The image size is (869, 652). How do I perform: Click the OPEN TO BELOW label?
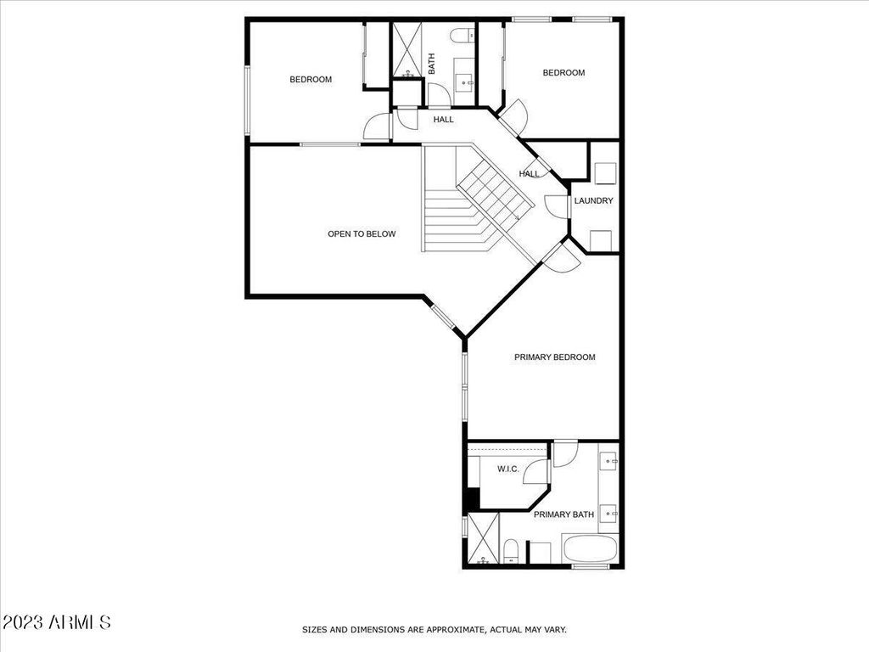(x=362, y=234)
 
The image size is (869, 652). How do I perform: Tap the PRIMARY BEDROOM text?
(x=555, y=357)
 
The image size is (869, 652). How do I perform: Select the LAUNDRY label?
(x=593, y=200)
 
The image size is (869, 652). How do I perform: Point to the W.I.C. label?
(x=508, y=469)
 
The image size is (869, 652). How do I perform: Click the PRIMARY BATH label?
(x=563, y=514)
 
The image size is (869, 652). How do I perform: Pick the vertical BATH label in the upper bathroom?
(x=432, y=63)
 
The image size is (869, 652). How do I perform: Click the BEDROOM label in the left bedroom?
(x=311, y=79)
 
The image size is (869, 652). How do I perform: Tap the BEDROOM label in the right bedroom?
(x=563, y=73)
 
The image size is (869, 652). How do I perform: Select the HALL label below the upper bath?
(x=443, y=119)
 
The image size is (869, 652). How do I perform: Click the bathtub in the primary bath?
(x=591, y=548)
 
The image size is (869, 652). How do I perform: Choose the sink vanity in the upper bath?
(x=464, y=82)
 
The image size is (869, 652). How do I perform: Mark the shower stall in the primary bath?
(x=483, y=538)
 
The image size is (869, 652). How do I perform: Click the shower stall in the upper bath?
(x=406, y=51)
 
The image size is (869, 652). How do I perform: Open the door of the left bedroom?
(x=378, y=126)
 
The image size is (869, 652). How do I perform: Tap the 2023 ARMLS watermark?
(x=56, y=622)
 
